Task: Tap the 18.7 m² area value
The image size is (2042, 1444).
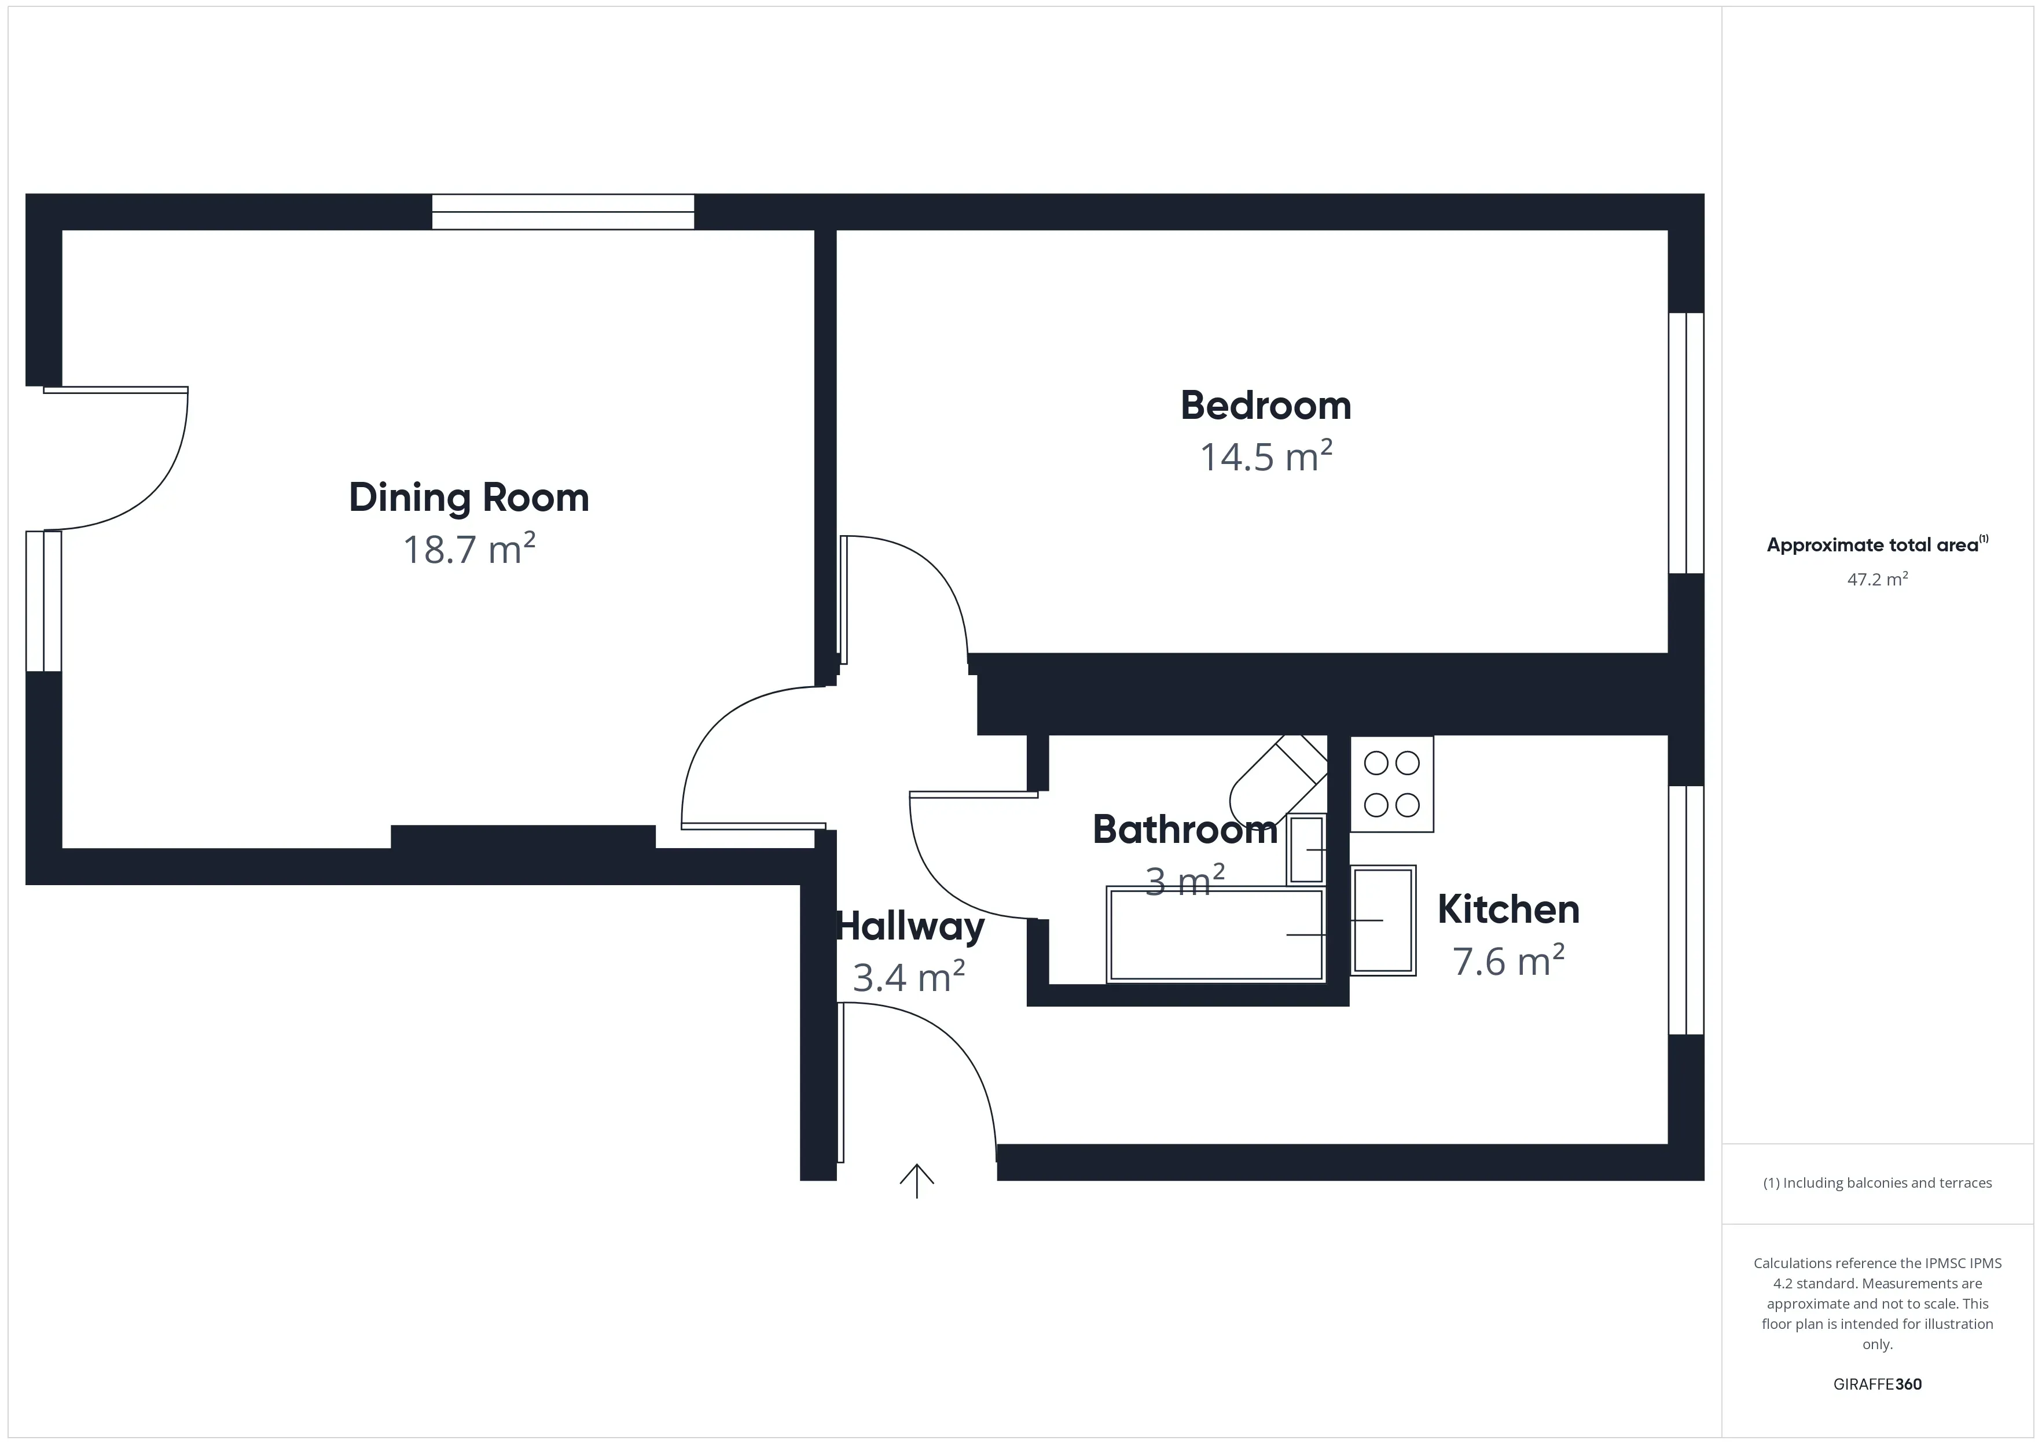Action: coord(469,550)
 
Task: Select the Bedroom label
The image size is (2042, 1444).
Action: coord(1266,406)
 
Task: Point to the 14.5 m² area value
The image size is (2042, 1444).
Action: coord(1266,457)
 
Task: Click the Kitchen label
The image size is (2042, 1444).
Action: coord(1508,909)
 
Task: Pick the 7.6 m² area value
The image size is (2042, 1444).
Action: coord(1508,961)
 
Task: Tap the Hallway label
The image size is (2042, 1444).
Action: coord(910,926)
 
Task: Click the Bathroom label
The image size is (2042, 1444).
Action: coord(1185,830)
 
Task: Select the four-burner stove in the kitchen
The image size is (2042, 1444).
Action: coord(1392,784)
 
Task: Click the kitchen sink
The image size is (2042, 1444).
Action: coord(1383,920)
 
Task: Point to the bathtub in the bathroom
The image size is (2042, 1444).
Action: coord(1216,934)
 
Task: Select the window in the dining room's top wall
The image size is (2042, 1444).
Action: coord(563,212)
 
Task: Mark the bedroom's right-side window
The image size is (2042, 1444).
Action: coord(1685,443)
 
